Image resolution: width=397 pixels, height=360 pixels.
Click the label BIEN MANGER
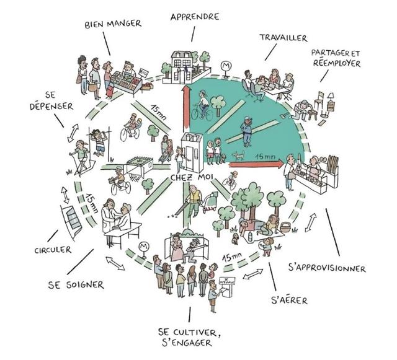[x=113, y=24]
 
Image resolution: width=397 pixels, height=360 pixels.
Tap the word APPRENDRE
[x=194, y=17]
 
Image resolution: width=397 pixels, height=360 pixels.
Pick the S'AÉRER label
[x=289, y=302]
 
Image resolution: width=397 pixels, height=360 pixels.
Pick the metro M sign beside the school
[x=225, y=64]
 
